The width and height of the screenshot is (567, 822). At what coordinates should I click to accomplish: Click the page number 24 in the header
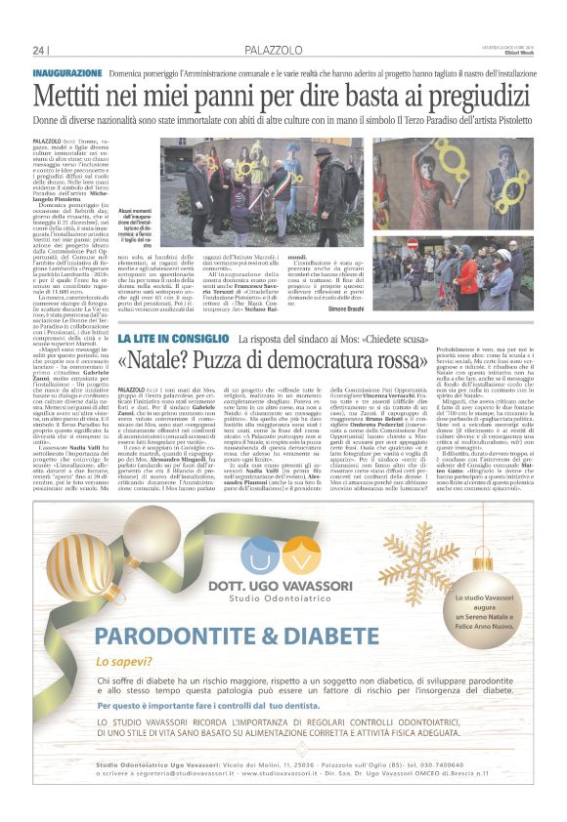pos(39,50)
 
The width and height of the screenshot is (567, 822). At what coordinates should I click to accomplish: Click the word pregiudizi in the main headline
pos(473,96)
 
